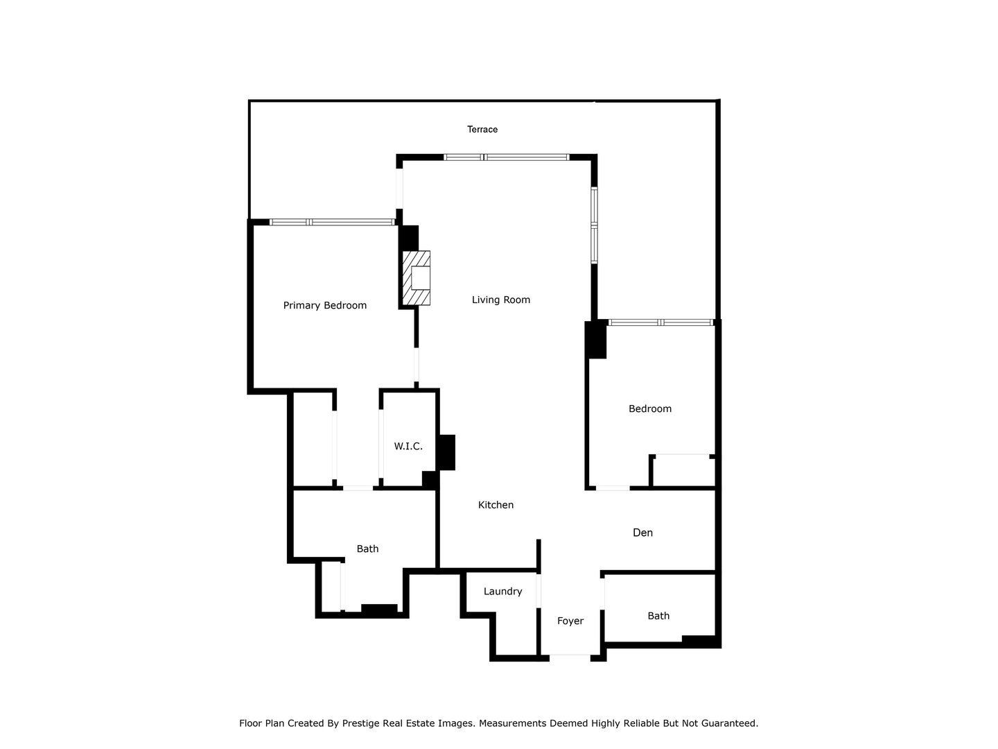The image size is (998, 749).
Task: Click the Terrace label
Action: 482,130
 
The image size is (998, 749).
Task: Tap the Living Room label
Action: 501,300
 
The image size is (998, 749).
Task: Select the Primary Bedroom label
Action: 325,306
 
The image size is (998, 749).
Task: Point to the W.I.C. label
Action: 408,447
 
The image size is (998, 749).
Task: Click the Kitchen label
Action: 496,506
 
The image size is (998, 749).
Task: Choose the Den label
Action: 643,533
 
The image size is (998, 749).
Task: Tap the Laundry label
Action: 502,592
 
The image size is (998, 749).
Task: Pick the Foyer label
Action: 570,621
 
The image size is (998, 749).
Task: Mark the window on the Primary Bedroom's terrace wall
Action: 332,223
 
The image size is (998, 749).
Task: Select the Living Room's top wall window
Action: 507,157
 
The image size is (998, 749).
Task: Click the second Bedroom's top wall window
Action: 660,322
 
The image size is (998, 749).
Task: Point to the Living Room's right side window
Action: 595,225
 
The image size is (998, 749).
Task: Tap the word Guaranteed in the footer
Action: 729,723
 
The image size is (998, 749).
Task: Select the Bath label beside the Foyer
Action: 658,616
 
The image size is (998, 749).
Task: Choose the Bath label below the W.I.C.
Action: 367,549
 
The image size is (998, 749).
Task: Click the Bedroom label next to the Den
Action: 650,409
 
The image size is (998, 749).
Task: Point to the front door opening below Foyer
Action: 570,655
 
